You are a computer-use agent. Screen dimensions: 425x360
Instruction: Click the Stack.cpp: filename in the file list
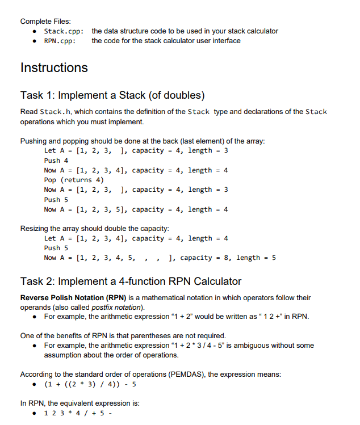point(64,31)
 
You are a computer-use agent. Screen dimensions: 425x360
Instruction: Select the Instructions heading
point(54,68)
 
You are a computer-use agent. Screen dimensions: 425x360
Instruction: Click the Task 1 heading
point(112,95)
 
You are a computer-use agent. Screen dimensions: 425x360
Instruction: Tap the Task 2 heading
point(131,281)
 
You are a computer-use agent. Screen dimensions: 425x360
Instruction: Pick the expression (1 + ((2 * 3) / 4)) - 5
point(90,385)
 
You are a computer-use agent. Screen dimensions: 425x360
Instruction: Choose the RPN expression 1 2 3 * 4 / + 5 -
point(78,414)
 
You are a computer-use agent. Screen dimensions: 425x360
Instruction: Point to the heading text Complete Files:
point(45,21)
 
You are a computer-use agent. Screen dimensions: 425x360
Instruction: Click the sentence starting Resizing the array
point(94,229)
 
